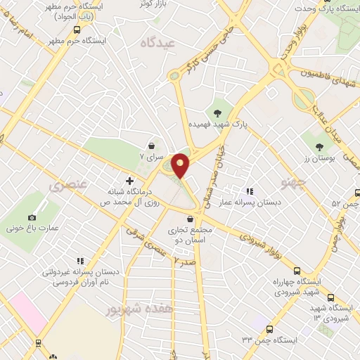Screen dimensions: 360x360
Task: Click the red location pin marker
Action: tap(181, 165)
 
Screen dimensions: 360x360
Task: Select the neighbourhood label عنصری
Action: tap(68, 186)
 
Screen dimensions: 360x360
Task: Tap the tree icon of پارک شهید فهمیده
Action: tap(218, 110)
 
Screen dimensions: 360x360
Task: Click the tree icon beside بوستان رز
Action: tap(320, 147)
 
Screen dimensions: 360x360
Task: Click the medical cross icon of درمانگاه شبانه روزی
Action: tap(129, 181)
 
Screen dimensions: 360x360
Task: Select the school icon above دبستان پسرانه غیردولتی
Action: tap(80, 261)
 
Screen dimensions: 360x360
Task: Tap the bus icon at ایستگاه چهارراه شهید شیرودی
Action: tap(297, 271)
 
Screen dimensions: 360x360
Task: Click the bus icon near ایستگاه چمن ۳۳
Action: tap(271, 328)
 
